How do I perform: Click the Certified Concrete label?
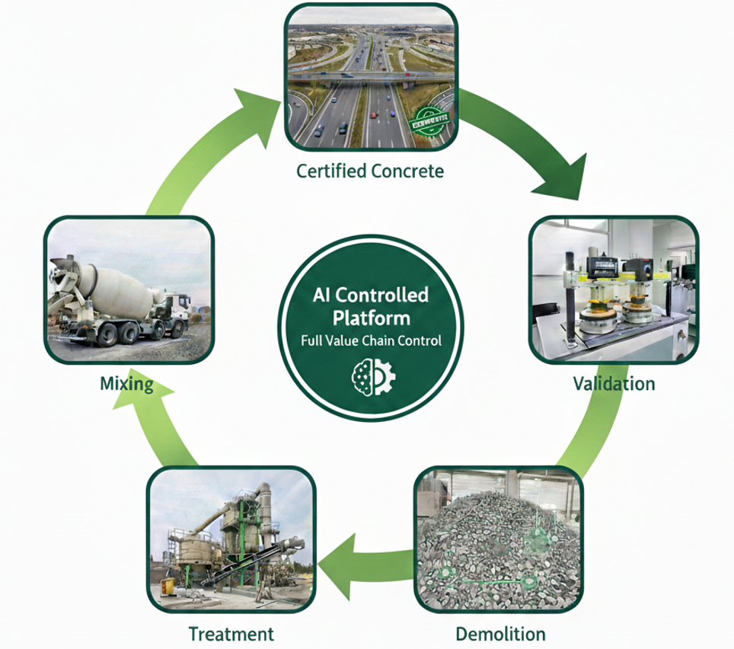pos(369,171)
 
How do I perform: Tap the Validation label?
pos(613,382)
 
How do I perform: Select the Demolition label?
pos(500,633)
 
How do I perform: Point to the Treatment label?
pos(231,633)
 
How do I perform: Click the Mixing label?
pos(126,383)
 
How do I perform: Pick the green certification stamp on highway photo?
pos(430,119)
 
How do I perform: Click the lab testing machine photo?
pos(612,289)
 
